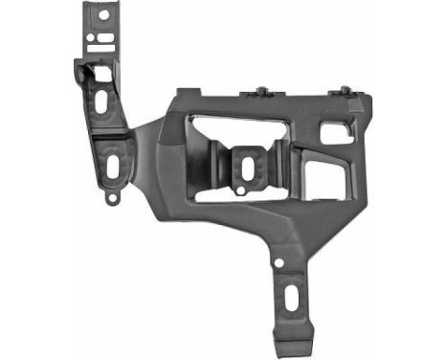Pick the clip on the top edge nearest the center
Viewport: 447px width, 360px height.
[x=261, y=93]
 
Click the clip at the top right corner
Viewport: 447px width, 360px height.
[x=342, y=92]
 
